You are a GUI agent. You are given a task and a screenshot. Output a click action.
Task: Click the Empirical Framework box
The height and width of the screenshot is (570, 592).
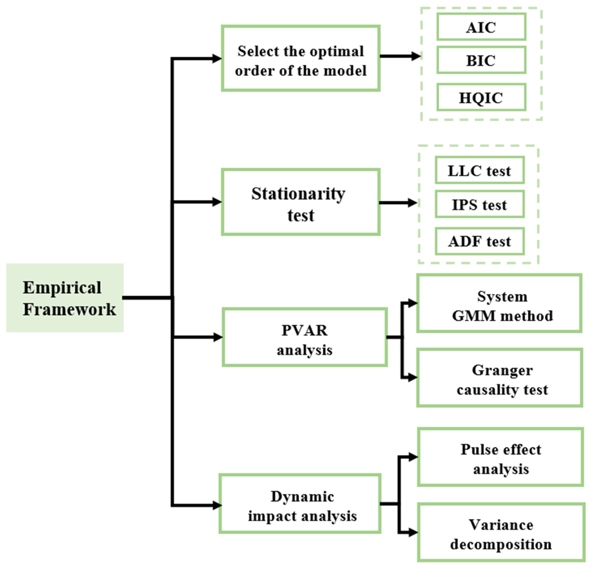65,298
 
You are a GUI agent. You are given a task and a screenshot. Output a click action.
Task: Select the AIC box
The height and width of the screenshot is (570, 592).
481,27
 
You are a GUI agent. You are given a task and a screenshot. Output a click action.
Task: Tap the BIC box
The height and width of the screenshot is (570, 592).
481,60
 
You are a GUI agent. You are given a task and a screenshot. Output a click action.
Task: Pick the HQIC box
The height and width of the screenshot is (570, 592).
481,97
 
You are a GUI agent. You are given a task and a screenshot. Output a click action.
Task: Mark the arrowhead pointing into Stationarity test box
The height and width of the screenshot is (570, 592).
217,202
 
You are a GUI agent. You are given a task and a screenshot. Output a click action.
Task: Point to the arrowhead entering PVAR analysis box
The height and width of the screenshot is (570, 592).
218,337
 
